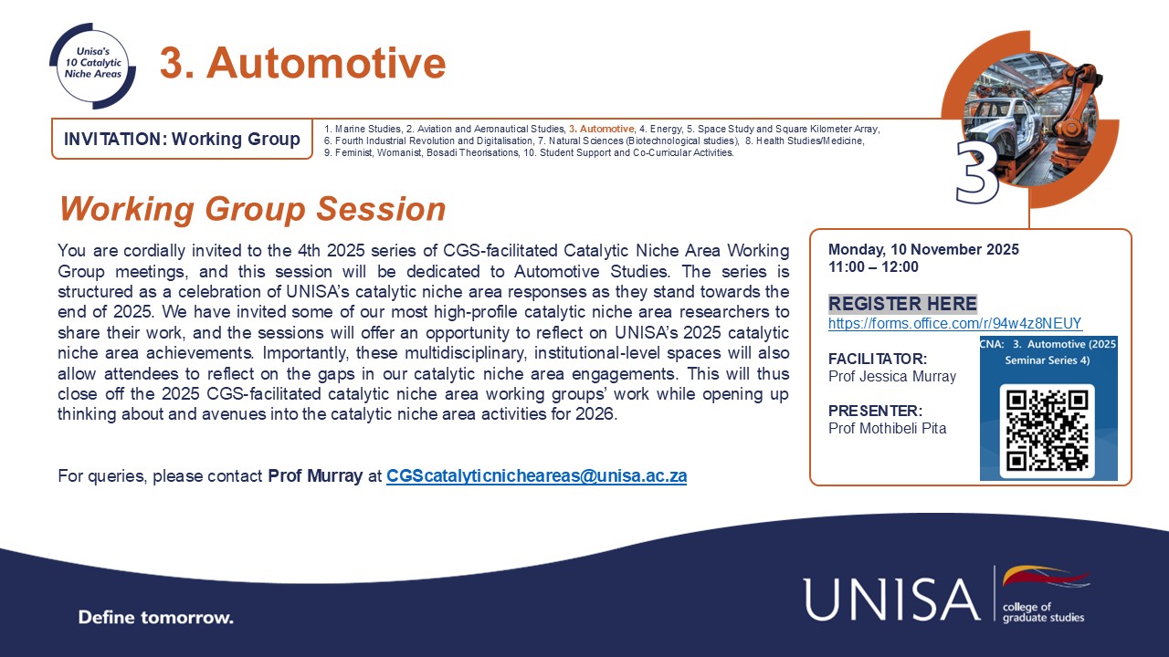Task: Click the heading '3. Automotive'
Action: pyautogui.click(x=302, y=63)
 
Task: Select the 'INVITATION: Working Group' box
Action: pyautogui.click(x=182, y=140)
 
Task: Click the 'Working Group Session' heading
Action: pyautogui.click(x=252, y=209)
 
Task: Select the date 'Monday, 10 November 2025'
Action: pyautogui.click(x=923, y=250)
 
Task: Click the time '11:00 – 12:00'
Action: pyautogui.click(x=873, y=267)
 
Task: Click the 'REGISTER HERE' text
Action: pyautogui.click(x=902, y=304)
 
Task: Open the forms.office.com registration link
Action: pyautogui.click(x=955, y=323)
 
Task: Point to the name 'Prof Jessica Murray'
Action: pyautogui.click(x=891, y=376)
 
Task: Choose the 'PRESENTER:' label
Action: pyautogui.click(x=875, y=411)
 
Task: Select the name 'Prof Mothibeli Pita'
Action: pyautogui.click(x=887, y=428)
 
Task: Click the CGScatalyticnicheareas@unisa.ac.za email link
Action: pyautogui.click(x=536, y=475)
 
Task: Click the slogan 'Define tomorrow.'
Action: pyautogui.click(x=156, y=617)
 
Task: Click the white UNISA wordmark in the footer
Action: pyautogui.click(x=891, y=599)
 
